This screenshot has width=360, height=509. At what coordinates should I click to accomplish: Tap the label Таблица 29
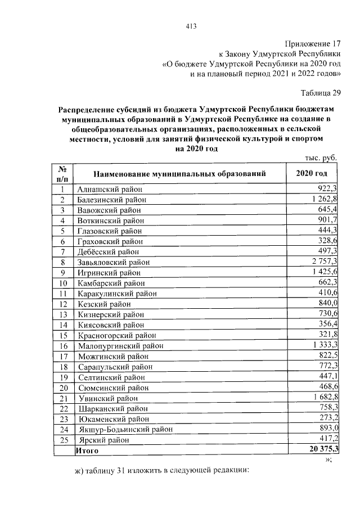coord(321,93)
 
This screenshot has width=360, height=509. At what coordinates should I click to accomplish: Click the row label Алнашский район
coord(110,189)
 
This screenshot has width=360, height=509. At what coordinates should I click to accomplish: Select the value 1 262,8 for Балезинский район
coord(322,199)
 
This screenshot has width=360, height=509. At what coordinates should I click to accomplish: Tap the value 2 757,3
coord(322,262)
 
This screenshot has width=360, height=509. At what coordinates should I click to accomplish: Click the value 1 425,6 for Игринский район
coord(322,272)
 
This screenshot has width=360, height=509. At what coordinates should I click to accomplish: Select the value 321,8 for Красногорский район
coord(327,335)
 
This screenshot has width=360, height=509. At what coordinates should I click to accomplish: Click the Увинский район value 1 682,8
coord(322,398)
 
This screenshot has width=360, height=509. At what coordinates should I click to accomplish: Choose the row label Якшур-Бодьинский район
coord(125,429)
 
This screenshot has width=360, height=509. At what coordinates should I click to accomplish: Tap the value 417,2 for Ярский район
coord(327,439)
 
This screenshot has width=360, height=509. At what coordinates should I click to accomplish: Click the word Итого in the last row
coord(87,451)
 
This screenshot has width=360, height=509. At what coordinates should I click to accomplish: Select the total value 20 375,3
coord(319,451)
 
